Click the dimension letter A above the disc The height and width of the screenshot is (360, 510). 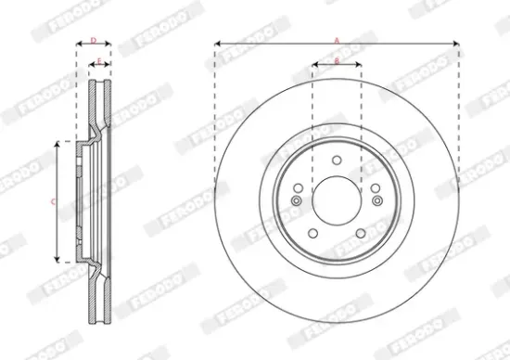tap(337, 37)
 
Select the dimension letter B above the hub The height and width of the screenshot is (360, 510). tap(336, 59)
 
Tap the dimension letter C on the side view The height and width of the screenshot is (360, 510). tap(52, 201)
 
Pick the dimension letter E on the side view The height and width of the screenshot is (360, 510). tap(99, 60)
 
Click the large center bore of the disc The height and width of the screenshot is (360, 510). tap(337, 200)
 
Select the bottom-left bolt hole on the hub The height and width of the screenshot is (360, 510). tap(313, 233)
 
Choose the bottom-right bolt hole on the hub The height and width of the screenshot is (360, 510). tap(360, 233)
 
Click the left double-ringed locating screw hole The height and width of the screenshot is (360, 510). tap(297, 201)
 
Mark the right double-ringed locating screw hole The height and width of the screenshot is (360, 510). tap(376, 201)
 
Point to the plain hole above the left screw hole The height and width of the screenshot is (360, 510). tap(299, 188)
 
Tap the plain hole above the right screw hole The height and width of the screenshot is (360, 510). tap(375, 188)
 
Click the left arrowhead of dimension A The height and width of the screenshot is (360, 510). tap(217, 43)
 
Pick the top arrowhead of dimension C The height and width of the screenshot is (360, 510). tap(58, 144)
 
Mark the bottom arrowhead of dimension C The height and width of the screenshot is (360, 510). tap(58, 259)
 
